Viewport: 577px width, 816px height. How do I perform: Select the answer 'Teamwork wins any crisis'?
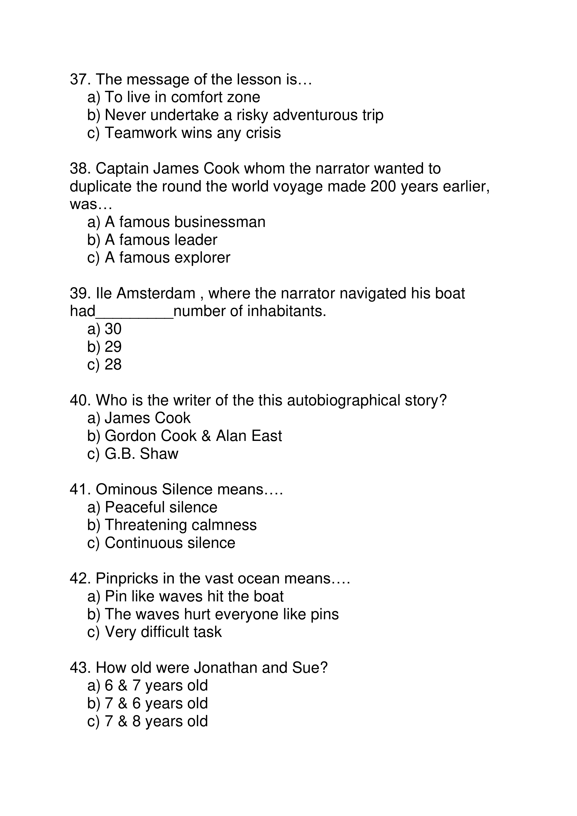(x=192, y=133)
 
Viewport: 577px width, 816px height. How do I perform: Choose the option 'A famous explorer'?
(x=167, y=258)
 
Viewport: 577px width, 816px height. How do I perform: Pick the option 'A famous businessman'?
(x=185, y=222)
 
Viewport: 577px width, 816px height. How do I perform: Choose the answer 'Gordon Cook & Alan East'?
(x=193, y=436)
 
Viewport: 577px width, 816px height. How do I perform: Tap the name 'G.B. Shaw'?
(x=141, y=454)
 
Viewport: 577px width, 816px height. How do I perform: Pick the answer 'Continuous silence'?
(x=170, y=543)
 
